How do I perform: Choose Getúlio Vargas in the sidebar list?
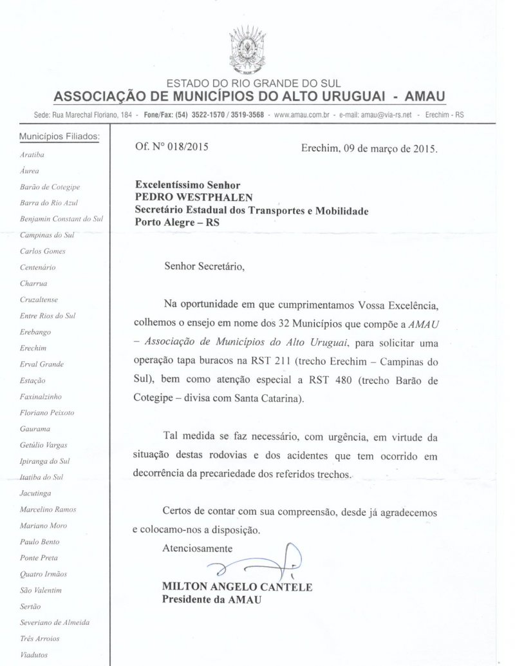[x=44, y=444]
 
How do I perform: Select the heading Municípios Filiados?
[x=59, y=137]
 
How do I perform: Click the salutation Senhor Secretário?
[x=205, y=266]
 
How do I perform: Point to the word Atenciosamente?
[x=197, y=548]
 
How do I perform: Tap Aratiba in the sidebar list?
[x=32, y=155]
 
